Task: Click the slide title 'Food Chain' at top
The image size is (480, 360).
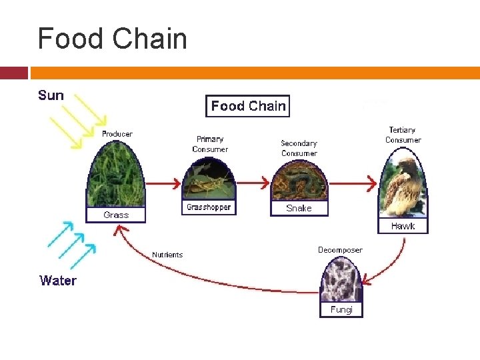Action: click(112, 39)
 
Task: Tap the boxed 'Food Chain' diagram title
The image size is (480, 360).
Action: click(248, 106)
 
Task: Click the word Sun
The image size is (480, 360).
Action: click(51, 95)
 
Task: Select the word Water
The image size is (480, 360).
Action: click(58, 281)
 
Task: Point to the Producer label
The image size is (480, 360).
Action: click(117, 134)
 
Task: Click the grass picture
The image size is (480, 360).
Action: click(116, 174)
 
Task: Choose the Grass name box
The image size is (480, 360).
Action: click(116, 215)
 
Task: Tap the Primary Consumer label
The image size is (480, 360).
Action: click(210, 144)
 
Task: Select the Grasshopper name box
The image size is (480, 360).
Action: click(209, 207)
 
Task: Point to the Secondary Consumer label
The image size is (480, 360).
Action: click(299, 148)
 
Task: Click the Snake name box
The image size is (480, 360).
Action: click(299, 208)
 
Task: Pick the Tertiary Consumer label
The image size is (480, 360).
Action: click(403, 135)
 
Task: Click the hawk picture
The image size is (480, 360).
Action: click(403, 187)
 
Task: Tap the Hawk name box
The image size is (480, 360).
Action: click(403, 226)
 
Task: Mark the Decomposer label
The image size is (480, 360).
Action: click(340, 250)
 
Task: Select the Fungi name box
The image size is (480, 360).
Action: click(341, 310)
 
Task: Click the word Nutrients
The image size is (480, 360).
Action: click(167, 255)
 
